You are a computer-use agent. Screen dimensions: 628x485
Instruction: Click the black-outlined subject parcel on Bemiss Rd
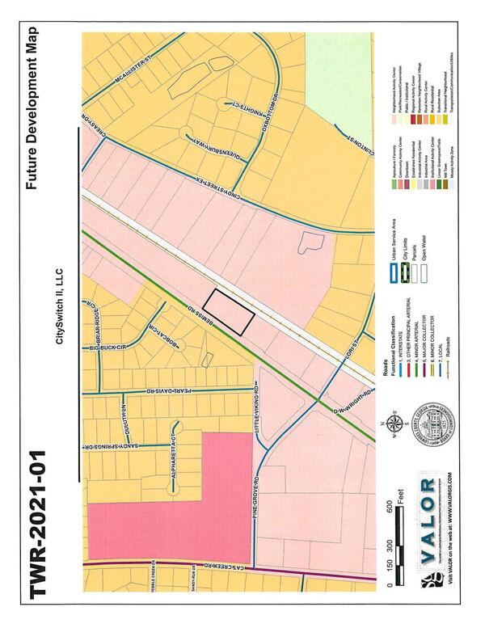point(229,311)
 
